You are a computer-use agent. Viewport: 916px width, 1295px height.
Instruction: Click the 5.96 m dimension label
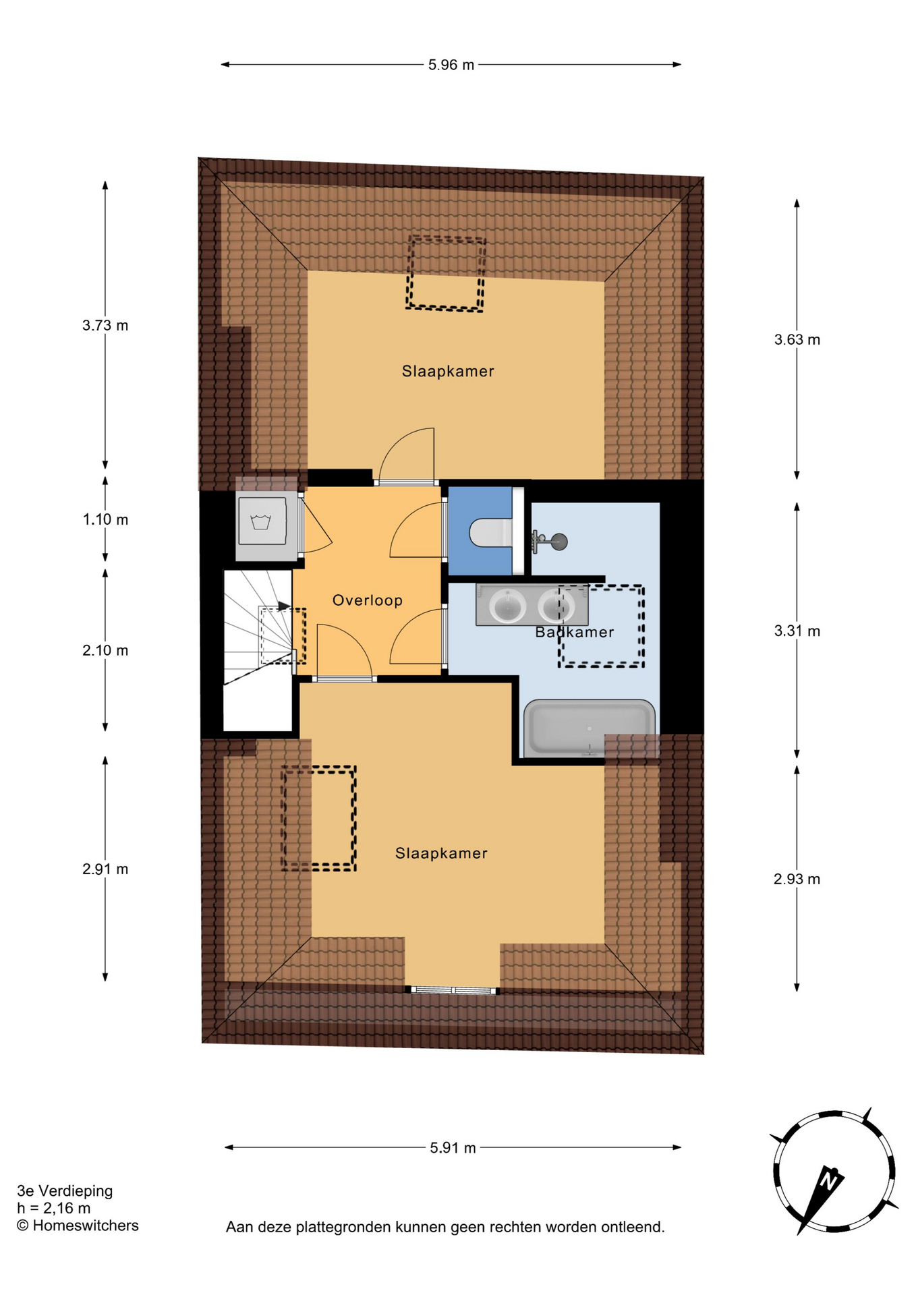451,65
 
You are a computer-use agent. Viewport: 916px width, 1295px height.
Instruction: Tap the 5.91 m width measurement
453,1147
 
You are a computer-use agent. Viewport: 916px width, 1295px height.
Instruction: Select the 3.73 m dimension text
105,325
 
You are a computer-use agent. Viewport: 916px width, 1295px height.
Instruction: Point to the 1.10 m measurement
105,519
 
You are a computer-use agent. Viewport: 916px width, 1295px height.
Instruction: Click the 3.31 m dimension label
797,631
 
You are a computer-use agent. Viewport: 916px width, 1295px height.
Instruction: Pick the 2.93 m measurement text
797,879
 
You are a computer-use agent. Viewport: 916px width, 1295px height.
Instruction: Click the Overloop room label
368,600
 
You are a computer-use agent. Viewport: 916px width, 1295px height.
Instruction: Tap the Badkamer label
575,632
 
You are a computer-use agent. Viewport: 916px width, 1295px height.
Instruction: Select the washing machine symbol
262,521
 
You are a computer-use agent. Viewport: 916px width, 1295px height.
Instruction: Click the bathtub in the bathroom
590,728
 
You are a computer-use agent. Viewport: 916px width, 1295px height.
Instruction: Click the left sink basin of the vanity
507,605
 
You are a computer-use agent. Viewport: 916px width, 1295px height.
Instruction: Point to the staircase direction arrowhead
285,606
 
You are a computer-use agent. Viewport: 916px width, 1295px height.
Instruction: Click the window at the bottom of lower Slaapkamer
453,990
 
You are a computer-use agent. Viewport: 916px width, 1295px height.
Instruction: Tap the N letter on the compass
829,1181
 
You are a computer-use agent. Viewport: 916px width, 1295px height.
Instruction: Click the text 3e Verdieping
65,1190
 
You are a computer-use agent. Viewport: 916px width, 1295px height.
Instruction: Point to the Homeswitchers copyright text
78,1226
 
